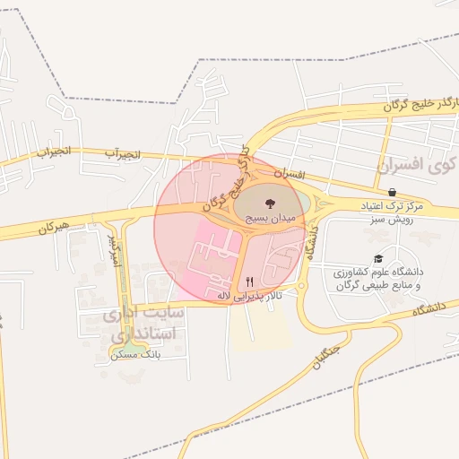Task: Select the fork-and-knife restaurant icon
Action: [249, 281]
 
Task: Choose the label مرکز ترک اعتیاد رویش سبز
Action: [394, 212]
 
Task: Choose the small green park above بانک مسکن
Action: [132, 345]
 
